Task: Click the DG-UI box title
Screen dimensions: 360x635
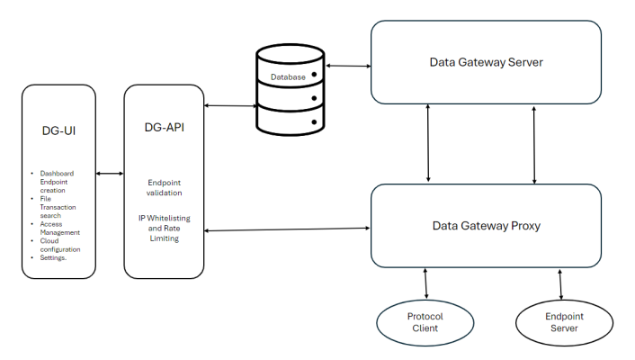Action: [x=58, y=132]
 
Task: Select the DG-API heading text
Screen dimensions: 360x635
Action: [x=165, y=128]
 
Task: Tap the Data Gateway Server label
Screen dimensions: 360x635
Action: [x=487, y=62]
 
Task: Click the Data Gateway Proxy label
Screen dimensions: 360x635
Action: [x=487, y=225]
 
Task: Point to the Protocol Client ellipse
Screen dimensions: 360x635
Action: [x=425, y=321]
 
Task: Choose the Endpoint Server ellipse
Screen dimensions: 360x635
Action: [x=564, y=321]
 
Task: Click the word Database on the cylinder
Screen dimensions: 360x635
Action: [x=289, y=77]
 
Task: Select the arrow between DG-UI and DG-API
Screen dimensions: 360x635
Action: [x=110, y=174]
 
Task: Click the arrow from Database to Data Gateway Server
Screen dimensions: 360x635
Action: [x=348, y=66]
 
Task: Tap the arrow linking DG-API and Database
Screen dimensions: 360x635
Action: [x=231, y=106]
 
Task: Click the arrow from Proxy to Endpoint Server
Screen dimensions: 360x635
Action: [x=562, y=283]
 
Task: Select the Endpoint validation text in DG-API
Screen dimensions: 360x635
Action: [x=165, y=186]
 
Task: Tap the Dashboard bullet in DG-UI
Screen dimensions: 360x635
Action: [x=57, y=173]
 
